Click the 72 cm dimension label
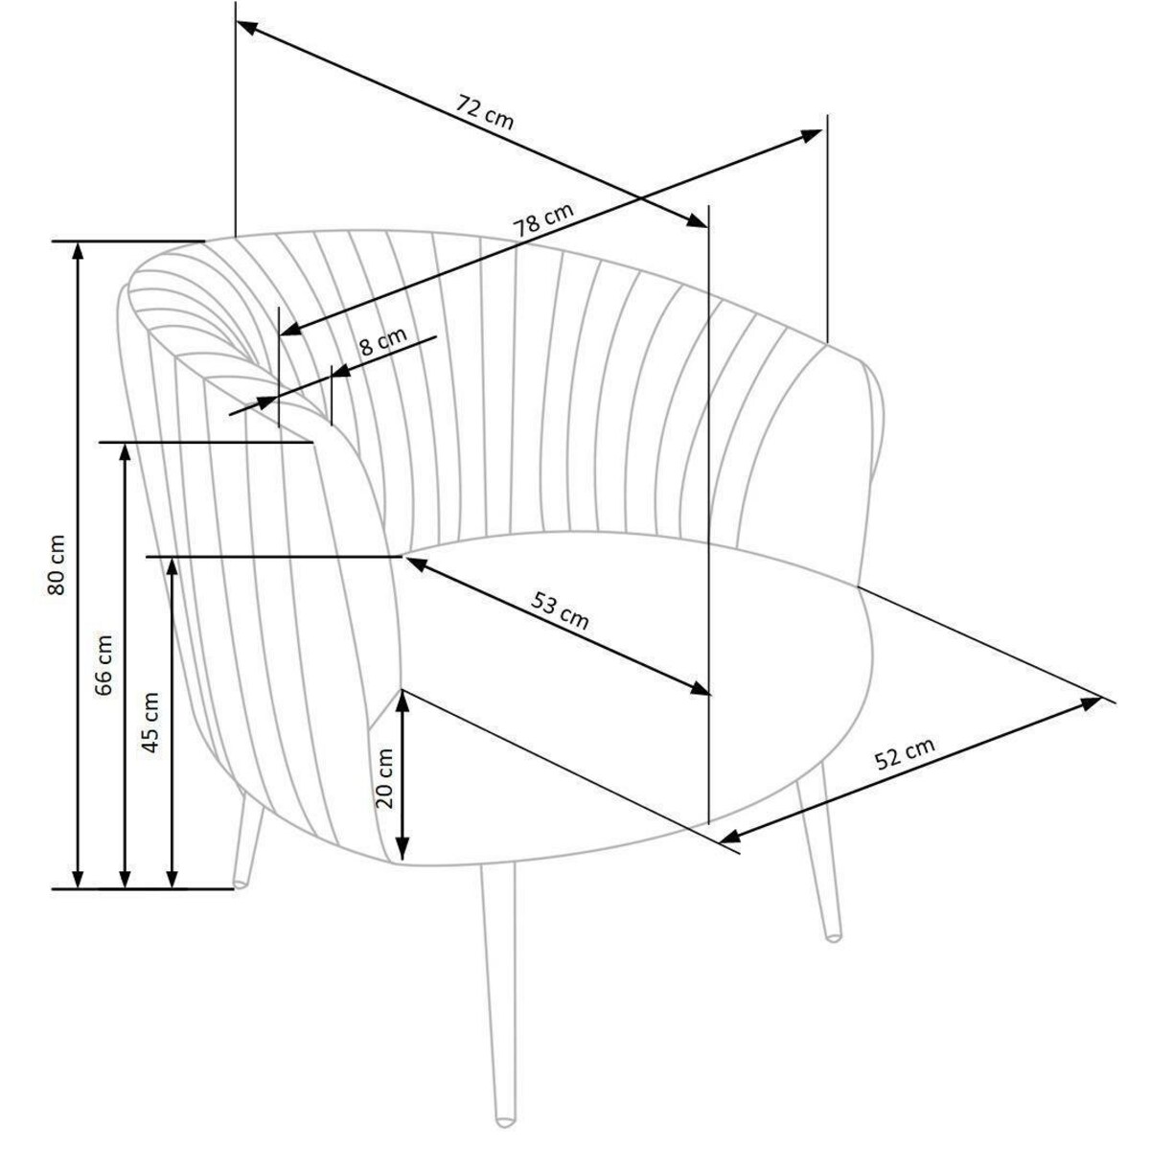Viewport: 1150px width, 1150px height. coord(484,111)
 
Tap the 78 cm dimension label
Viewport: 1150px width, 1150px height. coord(543,219)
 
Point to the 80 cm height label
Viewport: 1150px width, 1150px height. coord(57,564)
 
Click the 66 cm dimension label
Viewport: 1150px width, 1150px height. coord(103,665)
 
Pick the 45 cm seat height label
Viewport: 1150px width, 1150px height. coord(151,723)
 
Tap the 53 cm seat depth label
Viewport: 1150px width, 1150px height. coord(559,611)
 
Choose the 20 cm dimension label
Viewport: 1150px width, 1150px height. coord(385,778)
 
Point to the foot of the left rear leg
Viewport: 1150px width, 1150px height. coord(240,885)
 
